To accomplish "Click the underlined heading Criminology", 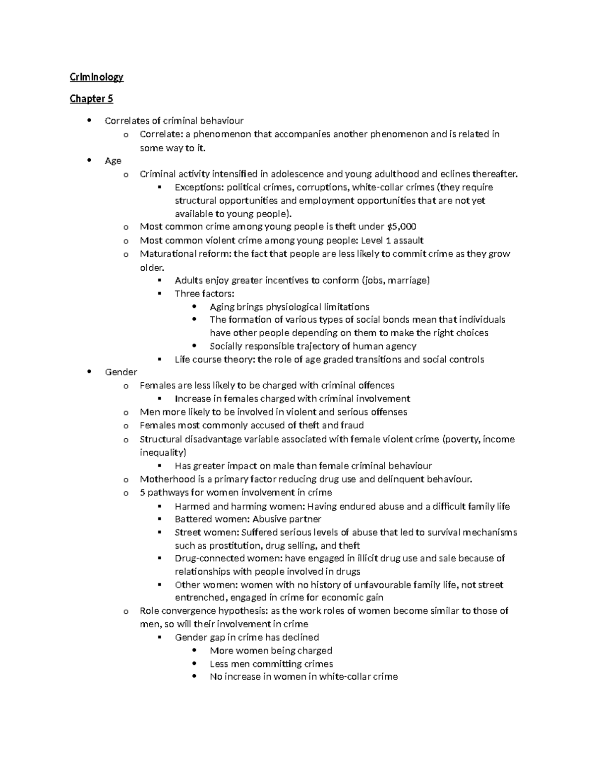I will pyautogui.click(x=96, y=77).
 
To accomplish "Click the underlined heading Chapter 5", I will pyautogui.click(x=91, y=99).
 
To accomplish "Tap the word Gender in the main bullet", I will pyautogui.click(x=121, y=372).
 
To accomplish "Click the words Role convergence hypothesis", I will pyautogui.click(x=204, y=611).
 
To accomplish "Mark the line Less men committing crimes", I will pyautogui.click(x=271, y=664).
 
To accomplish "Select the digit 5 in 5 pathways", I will pyautogui.click(x=142, y=493).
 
